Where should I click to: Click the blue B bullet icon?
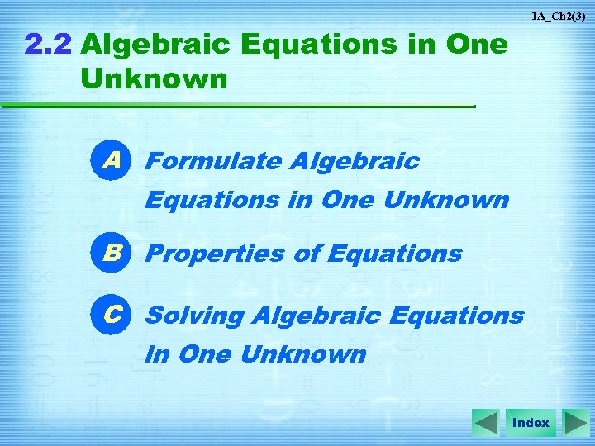112,254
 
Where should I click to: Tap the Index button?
531,423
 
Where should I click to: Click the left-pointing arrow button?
486,423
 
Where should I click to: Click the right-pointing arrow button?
575,423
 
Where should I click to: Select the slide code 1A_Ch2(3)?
559,16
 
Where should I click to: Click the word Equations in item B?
394,254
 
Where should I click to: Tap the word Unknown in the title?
154,79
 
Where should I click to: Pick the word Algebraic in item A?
355,162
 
